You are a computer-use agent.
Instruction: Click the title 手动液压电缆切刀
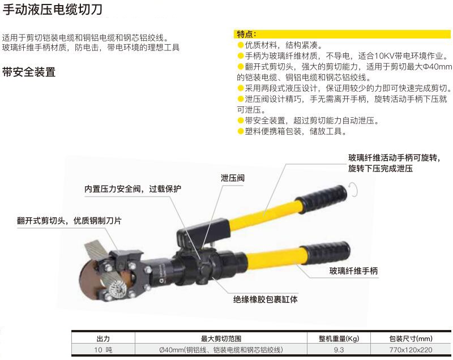coord(52,9)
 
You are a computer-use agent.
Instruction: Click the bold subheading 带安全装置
coord(29,72)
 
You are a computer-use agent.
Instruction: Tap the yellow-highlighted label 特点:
coord(246,34)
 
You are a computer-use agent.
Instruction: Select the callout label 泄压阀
coord(233,178)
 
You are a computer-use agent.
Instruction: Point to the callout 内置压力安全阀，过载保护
coord(133,189)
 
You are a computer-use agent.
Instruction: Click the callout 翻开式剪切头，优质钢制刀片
coord(69,221)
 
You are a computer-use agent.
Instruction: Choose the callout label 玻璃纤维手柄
coord(353,271)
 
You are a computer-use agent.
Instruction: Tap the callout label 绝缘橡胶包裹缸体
coord(265,299)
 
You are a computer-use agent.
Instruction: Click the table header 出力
coord(103,338)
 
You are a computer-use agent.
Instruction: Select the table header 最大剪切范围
coord(221,338)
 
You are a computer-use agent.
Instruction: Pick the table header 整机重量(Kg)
coord(339,338)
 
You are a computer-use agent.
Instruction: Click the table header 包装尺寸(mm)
coord(411,338)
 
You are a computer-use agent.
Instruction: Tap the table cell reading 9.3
coord(339,350)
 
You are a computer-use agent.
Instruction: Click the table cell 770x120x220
coord(411,350)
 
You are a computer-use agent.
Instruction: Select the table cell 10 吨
coord(103,350)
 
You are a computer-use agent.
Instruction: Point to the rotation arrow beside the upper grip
coord(355,190)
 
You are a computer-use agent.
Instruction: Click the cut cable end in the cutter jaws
coord(117,288)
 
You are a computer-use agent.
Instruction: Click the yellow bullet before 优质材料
coord(240,45)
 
